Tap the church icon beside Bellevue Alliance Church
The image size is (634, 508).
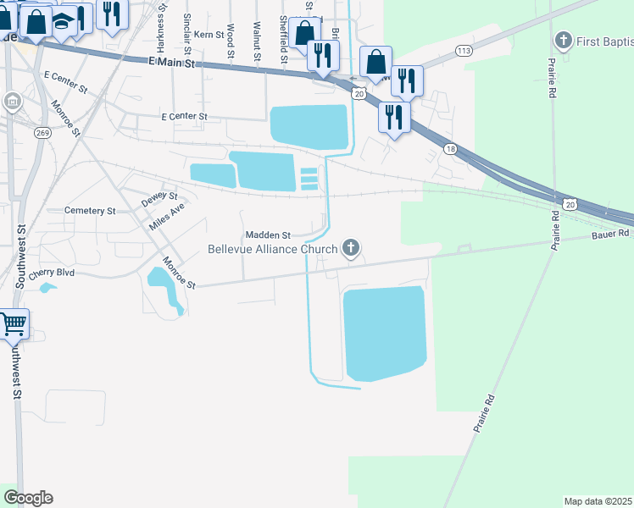pos(350,249)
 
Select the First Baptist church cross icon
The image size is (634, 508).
pos(564,41)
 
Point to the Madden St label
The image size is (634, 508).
pos(268,235)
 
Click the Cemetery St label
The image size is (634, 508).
pos(90,210)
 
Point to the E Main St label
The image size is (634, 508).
pos(172,62)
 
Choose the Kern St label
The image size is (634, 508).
pos(208,35)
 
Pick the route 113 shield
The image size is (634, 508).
pos(463,51)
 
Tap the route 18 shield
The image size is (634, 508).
pos(449,149)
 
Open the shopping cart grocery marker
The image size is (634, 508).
pos(13,323)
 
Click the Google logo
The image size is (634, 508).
pos(28,498)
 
